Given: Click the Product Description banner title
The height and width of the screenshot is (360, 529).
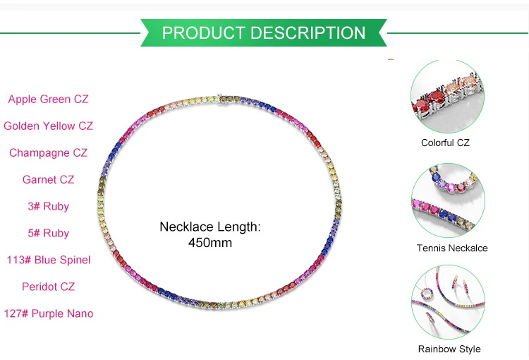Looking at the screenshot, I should point(264,33).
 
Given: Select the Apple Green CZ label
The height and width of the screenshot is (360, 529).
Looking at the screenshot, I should point(48,100).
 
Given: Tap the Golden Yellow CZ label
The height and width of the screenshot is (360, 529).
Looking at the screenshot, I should point(48,126).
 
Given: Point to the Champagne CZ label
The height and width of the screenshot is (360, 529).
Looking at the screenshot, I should point(48,153).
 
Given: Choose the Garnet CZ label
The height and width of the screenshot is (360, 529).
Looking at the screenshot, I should point(48,180).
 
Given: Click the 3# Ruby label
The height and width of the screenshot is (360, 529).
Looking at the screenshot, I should point(48,207).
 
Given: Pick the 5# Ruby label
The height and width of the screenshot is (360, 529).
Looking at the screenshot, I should point(48,234).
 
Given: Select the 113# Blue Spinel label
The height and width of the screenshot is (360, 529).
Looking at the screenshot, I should point(48,260).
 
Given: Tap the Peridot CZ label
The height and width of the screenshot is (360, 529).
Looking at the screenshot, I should point(48,287).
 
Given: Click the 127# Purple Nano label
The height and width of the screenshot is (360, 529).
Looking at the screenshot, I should point(48,313).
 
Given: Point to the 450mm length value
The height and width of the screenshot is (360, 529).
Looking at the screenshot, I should point(210,243).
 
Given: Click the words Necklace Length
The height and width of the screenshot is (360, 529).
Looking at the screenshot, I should point(210,227).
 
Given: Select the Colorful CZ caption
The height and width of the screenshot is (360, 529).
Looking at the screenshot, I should point(445,143).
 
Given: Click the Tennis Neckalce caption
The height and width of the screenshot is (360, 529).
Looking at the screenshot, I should point(452,248).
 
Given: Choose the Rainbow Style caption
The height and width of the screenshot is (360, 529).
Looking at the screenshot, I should point(449,349).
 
